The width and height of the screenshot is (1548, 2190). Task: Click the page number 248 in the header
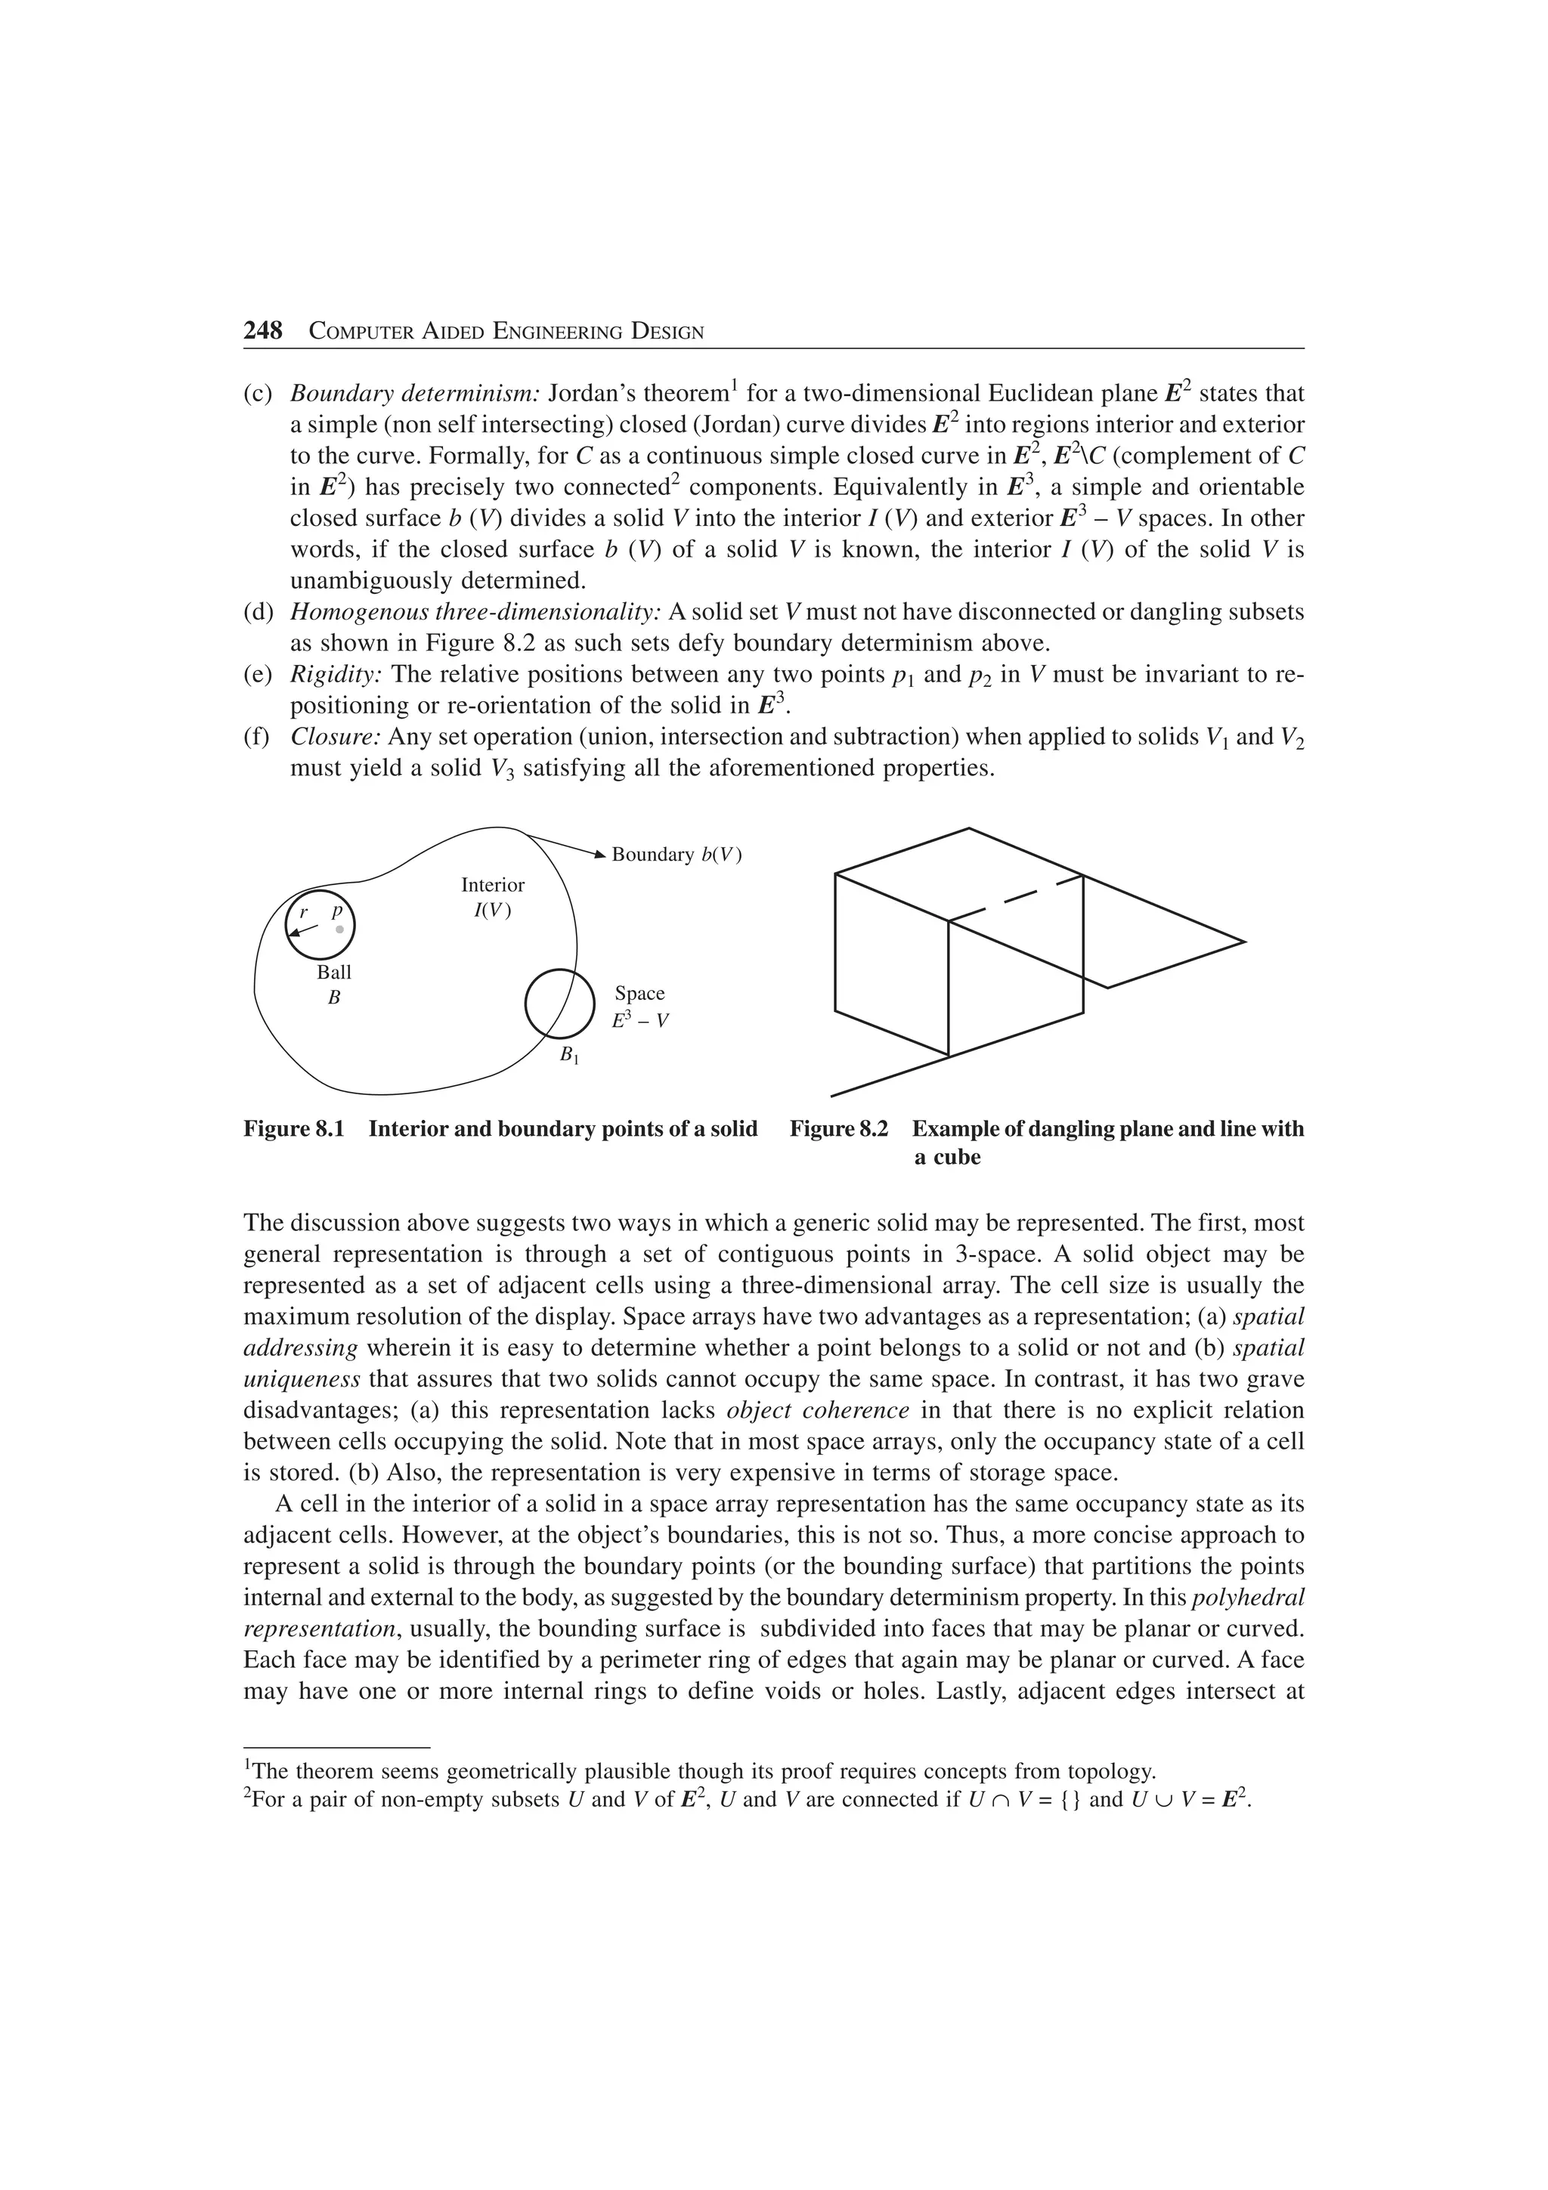click(263, 331)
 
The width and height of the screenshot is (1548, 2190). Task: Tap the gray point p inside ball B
click(339, 928)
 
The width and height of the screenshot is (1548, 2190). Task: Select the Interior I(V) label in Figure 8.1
click(492, 896)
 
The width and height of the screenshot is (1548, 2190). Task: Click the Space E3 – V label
click(640, 1007)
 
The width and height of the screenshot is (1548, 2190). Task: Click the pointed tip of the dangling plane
click(1243, 942)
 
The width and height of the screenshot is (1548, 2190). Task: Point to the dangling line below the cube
click(887, 1076)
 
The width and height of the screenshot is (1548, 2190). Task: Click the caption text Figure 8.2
click(839, 1129)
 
